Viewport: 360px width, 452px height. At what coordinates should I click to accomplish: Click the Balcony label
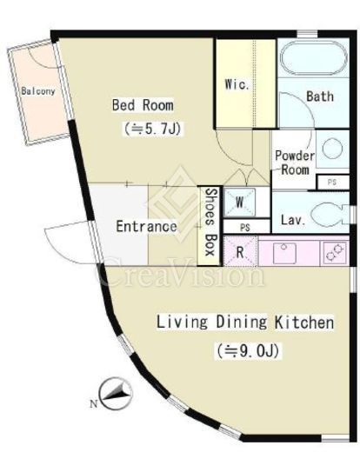click(38, 91)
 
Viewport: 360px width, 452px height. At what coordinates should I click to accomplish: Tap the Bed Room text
click(143, 105)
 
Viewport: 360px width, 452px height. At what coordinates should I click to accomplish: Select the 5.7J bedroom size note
click(152, 129)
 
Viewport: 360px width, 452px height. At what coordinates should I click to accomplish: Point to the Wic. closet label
click(237, 84)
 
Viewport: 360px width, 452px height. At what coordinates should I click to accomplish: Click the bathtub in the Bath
click(313, 58)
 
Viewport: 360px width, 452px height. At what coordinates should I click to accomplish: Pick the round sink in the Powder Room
click(332, 149)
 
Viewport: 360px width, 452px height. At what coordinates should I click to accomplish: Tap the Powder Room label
click(295, 163)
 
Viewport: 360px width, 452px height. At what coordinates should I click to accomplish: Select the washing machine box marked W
click(240, 203)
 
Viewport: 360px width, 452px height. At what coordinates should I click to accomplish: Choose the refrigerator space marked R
click(240, 251)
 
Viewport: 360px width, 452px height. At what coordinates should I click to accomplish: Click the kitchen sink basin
click(285, 253)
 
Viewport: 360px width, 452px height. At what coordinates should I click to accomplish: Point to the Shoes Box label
click(210, 223)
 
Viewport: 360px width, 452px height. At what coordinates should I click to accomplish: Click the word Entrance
click(146, 226)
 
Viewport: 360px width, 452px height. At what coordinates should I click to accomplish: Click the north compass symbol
click(116, 394)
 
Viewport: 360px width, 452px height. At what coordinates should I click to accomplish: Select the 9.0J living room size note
click(248, 351)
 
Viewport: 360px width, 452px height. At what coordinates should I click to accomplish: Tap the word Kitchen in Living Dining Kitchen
click(304, 322)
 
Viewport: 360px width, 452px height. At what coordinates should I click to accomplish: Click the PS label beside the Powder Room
click(332, 182)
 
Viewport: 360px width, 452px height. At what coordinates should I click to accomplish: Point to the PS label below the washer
click(245, 228)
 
